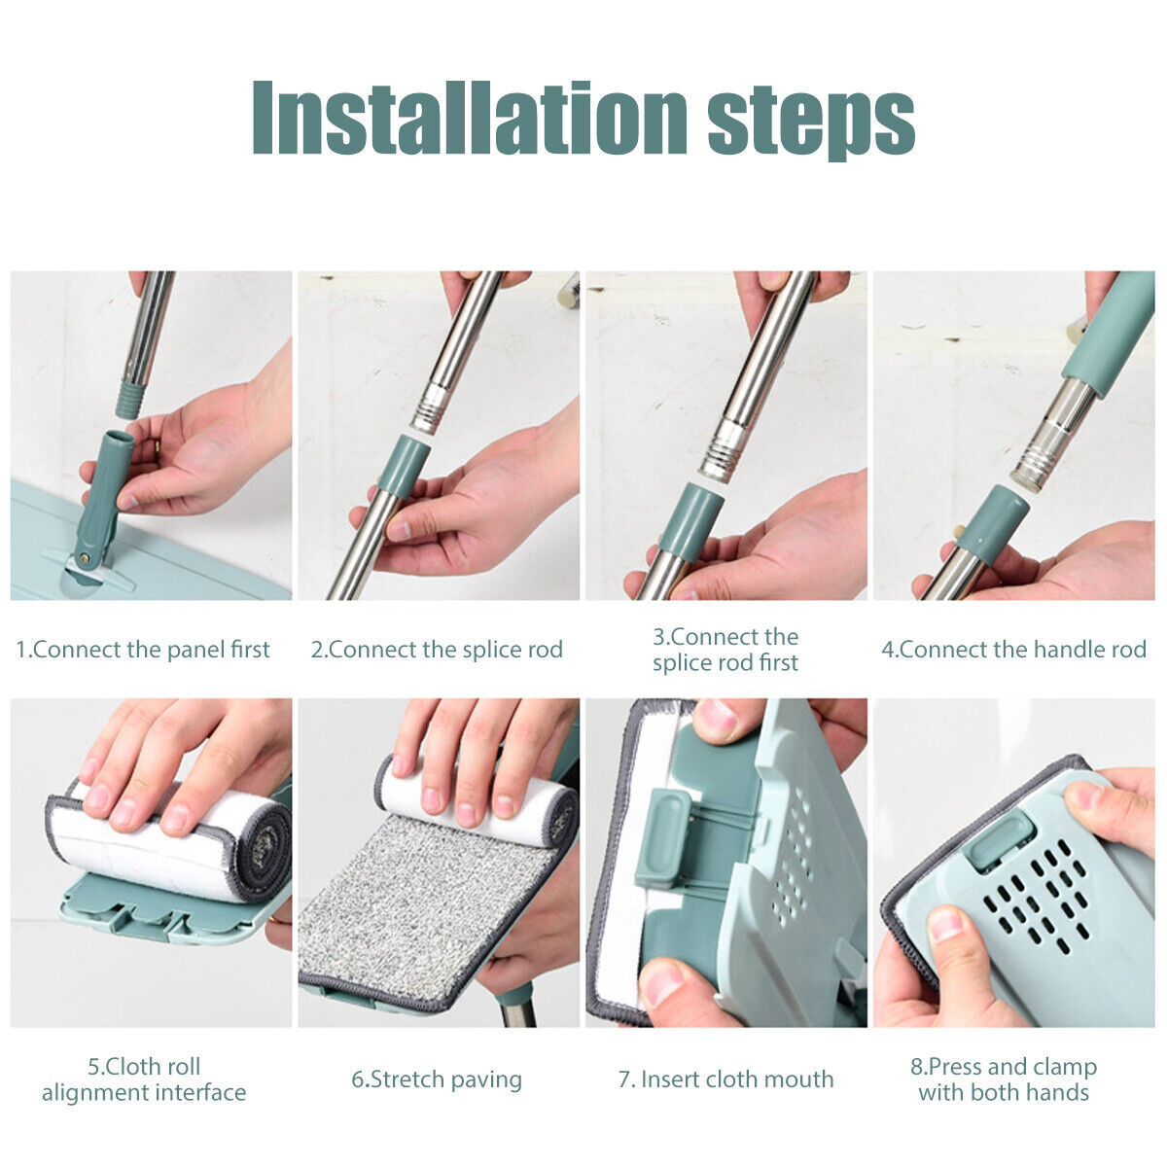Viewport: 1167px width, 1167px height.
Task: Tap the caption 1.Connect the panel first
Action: pyautogui.click(x=143, y=650)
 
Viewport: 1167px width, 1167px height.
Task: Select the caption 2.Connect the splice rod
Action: pyautogui.click(x=437, y=650)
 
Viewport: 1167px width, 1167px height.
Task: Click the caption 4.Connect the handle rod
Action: pyautogui.click(x=1013, y=650)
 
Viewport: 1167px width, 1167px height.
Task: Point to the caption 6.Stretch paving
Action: pyautogui.click(x=437, y=1079)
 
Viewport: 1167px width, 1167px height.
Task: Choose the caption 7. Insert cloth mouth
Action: pyautogui.click(x=725, y=1079)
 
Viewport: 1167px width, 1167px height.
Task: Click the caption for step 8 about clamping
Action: pyautogui.click(x=1004, y=1079)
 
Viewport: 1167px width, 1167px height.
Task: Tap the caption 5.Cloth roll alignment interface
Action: pyautogui.click(x=144, y=1079)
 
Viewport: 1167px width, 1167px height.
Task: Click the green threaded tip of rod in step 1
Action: pyautogui.click(x=127, y=400)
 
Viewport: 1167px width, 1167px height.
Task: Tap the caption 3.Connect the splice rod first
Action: pyautogui.click(x=725, y=650)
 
